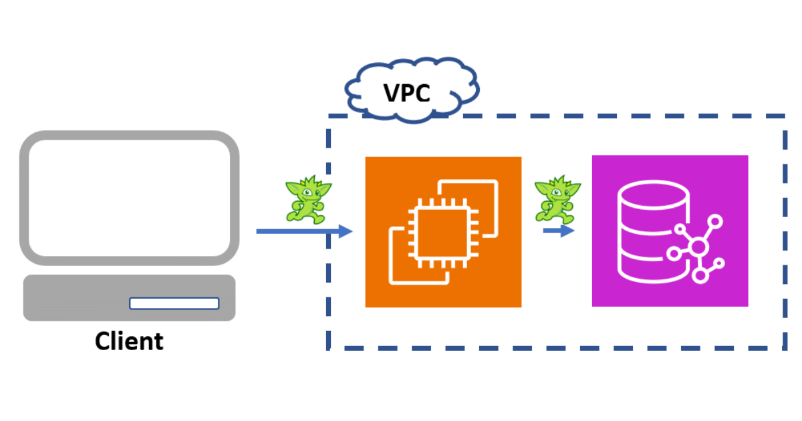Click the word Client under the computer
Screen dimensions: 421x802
(129, 341)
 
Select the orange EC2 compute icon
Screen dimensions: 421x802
(443, 232)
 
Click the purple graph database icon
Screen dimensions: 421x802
(670, 231)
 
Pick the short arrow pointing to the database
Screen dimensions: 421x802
(558, 231)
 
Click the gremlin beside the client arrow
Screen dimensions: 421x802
(307, 199)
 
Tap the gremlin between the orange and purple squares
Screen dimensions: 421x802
(557, 198)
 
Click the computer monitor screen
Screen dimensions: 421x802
(129, 198)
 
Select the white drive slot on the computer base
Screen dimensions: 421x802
(174, 303)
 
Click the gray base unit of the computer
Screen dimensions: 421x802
(80, 298)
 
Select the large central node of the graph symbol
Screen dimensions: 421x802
(698, 248)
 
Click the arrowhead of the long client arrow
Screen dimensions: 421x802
(346, 231)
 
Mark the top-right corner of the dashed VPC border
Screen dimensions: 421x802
(783, 116)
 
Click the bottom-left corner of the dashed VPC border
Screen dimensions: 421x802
(329, 347)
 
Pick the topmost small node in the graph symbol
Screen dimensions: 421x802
(716, 220)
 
